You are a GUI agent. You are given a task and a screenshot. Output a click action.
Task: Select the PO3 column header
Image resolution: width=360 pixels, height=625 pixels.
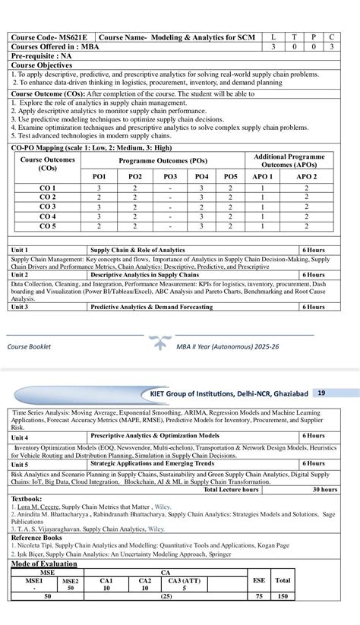[x=171, y=176]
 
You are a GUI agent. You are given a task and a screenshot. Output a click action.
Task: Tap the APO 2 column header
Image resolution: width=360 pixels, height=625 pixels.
[x=306, y=176]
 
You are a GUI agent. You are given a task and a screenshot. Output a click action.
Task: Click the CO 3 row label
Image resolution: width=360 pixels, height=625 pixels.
[x=48, y=207]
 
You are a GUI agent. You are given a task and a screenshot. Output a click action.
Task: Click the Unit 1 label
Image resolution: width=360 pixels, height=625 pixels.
[x=20, y=250]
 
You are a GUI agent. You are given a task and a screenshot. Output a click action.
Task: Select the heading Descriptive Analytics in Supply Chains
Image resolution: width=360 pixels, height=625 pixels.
[x=145, y=275]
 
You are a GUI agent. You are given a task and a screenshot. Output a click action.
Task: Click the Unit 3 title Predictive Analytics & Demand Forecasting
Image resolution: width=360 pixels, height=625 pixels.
[x=152, y=307]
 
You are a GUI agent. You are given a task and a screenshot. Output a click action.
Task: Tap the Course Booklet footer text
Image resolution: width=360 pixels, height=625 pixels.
[x=30, y=346]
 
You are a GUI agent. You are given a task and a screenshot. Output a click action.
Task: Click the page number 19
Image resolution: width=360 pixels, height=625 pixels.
[x=322, y=393]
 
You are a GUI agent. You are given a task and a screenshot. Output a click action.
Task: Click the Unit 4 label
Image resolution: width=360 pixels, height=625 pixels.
[x=20, y=437]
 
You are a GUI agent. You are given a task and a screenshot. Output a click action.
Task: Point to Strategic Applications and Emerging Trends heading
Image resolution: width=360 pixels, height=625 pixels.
[x=152, y=463]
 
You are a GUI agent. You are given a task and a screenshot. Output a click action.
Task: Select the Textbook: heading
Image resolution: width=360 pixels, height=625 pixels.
[x=27, y=498]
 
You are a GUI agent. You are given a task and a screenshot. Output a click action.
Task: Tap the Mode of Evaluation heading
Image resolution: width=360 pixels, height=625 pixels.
[x=44, y=563]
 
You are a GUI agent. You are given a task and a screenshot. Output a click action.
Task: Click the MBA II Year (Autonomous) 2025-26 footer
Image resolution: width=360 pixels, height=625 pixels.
[x=228, y=346]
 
